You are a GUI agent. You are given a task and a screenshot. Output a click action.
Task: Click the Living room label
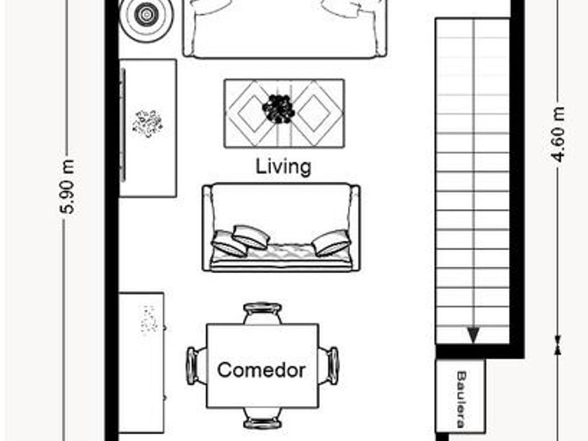point(283,167)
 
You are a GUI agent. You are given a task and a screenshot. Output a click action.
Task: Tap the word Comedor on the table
point(261,370)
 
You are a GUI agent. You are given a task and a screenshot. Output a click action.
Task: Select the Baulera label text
point(461,399)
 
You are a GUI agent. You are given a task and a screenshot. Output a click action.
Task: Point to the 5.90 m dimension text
point(68,187)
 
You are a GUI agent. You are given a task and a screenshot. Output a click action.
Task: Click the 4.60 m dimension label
point(559,134)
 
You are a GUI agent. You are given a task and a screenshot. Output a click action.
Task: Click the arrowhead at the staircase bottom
point(474,335)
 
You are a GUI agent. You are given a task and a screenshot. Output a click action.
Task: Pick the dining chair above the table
point(262,314)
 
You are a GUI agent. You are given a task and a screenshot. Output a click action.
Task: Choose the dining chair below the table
point(262,418)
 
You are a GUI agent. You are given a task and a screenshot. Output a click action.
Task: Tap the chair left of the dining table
point(197,366)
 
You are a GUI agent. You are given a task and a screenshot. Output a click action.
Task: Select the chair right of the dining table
point(329,366)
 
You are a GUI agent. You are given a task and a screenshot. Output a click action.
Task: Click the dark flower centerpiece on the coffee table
point(279,109)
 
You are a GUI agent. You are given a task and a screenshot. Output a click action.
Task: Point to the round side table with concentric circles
point(146,15)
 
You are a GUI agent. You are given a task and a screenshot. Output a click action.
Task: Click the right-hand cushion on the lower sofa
point(332,243)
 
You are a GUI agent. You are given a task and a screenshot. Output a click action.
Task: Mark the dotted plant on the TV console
point(148,123)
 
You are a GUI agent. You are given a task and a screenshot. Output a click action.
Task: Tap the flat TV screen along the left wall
point(122,125)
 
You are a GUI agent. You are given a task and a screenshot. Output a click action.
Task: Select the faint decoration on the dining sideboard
point(149,319)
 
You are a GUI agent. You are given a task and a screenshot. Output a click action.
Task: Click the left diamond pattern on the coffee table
point(252,113)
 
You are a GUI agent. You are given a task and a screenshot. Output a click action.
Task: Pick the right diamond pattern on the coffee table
point(315,113)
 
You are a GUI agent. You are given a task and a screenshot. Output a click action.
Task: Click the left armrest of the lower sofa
point(206,227)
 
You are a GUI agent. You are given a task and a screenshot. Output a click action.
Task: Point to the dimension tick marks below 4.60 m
point(559,345)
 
